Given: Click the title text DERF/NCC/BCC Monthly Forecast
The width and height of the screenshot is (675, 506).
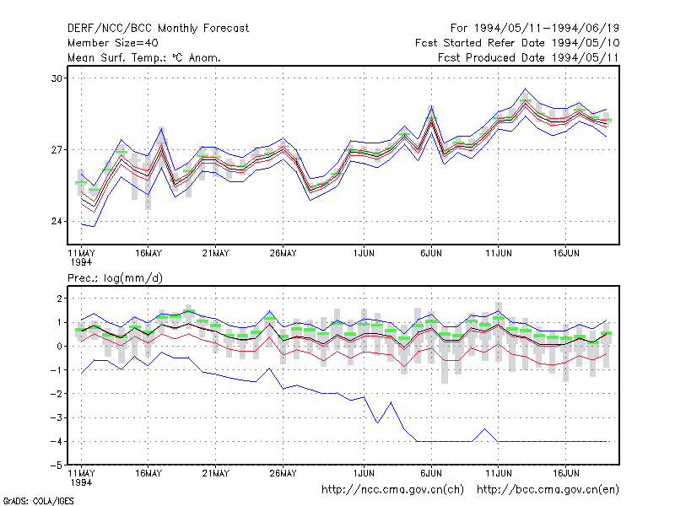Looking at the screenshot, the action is click(158, 29).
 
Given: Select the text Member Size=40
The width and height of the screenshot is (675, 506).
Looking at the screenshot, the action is click(113, 43).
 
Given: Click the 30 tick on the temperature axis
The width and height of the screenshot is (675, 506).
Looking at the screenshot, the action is click(57, 78).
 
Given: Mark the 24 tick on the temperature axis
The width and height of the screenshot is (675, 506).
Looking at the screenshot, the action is click(57, 221).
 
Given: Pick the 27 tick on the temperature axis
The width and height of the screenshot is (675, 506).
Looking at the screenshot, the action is click(57, 150).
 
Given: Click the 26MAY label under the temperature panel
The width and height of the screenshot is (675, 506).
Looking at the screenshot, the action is click(283, 253).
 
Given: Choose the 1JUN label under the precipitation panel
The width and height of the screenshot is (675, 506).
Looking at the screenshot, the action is click(364, 473).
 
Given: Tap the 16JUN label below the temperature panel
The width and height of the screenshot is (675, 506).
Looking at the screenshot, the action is click(565, 253).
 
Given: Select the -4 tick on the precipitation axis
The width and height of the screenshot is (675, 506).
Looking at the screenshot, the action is click(57, 441).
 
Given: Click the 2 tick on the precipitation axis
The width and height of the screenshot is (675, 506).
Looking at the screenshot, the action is click(60, 299).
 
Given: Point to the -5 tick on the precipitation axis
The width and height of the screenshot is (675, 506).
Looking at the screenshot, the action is click(57, 466).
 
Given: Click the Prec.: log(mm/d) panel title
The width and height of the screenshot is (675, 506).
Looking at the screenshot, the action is click(115, 278).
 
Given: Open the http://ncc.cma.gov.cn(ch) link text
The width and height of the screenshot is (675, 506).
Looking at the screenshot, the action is click(392, 490).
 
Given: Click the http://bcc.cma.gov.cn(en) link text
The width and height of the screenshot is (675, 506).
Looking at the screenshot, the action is click(548, 490).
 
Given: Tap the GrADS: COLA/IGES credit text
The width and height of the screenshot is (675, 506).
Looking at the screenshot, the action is click(38, 501).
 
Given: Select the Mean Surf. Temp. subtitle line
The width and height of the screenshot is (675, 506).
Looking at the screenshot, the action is click(143, 57).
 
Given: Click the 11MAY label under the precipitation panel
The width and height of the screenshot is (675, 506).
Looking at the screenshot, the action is click(81, 473).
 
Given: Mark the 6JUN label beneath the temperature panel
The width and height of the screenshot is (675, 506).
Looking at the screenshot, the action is click(431, 253).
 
